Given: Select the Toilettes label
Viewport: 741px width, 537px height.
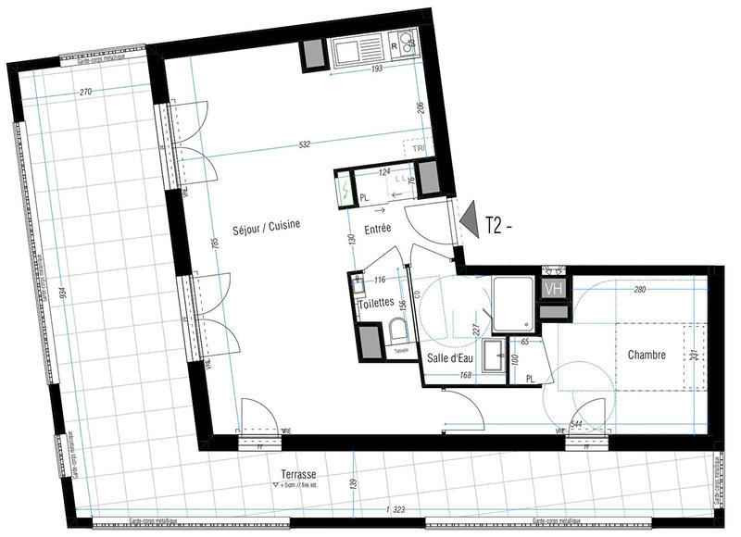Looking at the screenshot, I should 374,303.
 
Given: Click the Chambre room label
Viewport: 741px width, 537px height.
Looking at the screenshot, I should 647,355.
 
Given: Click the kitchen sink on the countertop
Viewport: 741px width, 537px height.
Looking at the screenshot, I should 358,46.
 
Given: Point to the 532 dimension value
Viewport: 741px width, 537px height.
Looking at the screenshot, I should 306,144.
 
